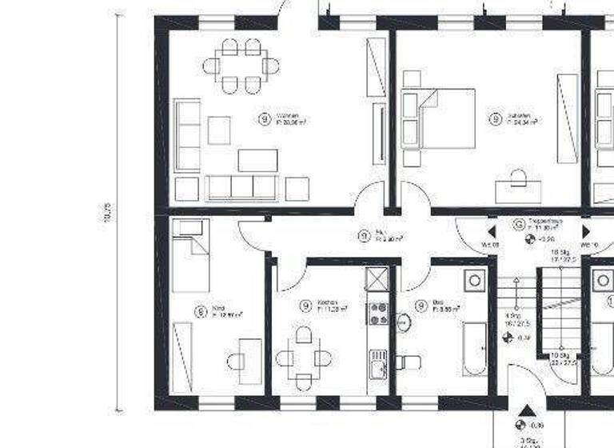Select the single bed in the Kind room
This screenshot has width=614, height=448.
(191, 256)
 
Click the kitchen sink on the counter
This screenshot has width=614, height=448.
(378, 369)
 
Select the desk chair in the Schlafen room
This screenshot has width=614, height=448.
(517, 177)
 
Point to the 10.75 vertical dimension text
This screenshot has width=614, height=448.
(106, 213)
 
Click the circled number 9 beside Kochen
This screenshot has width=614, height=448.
(305, 306)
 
